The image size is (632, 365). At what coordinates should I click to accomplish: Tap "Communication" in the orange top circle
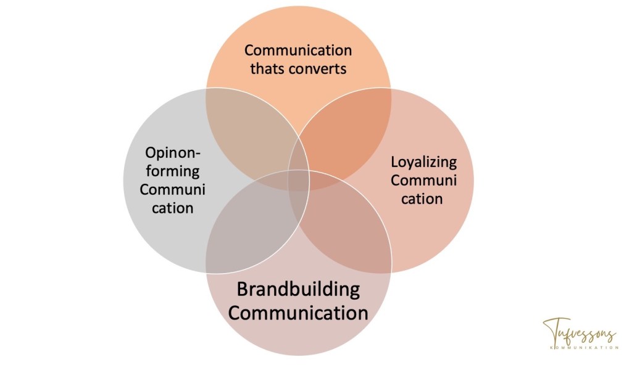pos(297,50)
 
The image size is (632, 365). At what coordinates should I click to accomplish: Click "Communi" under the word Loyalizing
pos(423,181)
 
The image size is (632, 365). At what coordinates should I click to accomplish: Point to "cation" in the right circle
pos(423,199)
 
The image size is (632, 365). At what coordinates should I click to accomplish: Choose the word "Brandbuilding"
pos(298,289)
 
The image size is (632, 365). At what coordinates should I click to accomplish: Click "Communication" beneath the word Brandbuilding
pos(298,312)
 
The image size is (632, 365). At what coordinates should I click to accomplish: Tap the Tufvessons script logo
pos(579,334)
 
